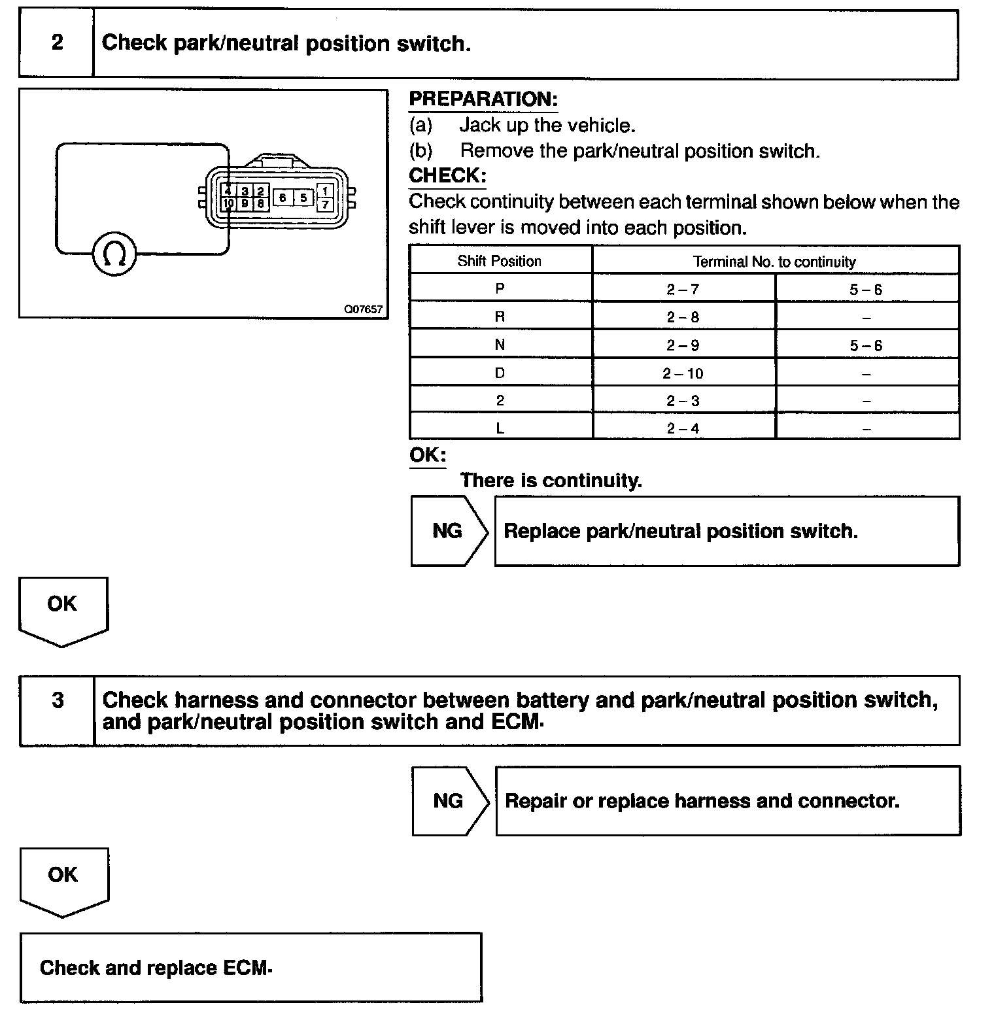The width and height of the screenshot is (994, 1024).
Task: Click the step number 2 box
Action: point(57,43)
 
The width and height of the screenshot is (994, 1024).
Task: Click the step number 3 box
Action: point(58,709)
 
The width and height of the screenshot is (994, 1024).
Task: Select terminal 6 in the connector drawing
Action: point(283,197)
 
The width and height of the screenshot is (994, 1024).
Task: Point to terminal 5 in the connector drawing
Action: point(303,197)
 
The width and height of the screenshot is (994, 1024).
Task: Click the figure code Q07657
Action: point(364,309)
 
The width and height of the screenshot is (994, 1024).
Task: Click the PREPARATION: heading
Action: point(483,99)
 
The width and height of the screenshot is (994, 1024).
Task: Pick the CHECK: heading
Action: point(447,176)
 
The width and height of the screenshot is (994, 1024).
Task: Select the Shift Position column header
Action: point(500,261)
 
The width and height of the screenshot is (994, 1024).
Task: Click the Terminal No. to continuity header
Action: point(774,262)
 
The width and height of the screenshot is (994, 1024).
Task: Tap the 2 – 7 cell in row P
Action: point(683,289)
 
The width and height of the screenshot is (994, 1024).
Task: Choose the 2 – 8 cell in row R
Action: point(683,317)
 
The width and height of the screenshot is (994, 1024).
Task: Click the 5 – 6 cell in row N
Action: point(866,345)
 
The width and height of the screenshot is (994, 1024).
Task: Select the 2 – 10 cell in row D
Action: point(683,373)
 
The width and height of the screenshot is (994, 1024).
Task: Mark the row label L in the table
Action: point(500,428)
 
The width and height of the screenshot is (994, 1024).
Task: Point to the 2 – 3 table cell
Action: point(683,401)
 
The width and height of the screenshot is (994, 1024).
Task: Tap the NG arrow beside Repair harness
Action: point(450,801)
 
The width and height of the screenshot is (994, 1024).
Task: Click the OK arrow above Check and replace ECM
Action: point(63,880)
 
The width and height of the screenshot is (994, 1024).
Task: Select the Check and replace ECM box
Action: point(250,968)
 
